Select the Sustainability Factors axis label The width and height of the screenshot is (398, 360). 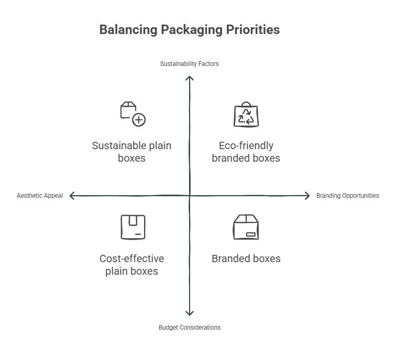190,64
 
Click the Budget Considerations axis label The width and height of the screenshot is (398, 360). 190,328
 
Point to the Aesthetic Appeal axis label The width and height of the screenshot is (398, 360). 40,196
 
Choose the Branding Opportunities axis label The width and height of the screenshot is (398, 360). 347,196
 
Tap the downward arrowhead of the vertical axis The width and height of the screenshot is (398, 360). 190,313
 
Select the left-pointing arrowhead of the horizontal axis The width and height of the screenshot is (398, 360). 72,196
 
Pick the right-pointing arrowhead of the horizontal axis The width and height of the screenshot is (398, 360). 307,196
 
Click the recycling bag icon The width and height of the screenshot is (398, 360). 246,115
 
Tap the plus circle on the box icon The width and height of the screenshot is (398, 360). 139,120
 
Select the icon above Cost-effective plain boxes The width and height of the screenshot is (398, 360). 133,227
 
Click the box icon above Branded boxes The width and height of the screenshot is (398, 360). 246,227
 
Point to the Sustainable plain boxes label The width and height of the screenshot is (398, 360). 131,152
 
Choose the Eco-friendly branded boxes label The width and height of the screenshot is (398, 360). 246,152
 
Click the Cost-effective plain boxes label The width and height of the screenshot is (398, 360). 131,265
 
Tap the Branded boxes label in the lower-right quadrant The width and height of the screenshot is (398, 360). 246,258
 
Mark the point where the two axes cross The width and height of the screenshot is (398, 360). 190,196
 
